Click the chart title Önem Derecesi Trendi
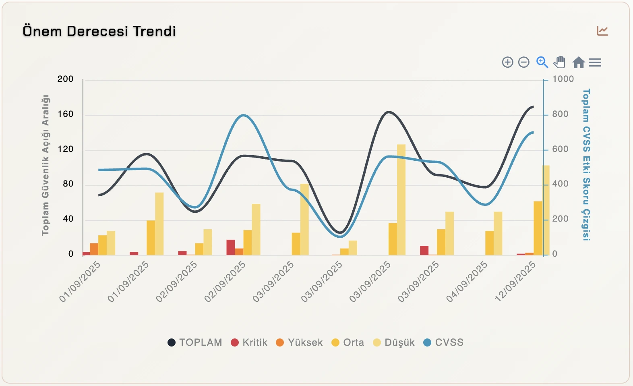99,31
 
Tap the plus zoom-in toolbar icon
507,62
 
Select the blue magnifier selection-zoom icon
542,62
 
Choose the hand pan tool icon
559,62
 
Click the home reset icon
578,62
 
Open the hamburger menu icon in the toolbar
595,62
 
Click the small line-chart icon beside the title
602,31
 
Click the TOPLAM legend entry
195,342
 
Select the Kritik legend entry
249,342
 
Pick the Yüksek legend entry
299,342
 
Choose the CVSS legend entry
443,342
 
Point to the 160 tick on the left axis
65,114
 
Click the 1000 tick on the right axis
563,79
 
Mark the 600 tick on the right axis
560,149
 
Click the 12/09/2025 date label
516,281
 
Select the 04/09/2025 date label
467,281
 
